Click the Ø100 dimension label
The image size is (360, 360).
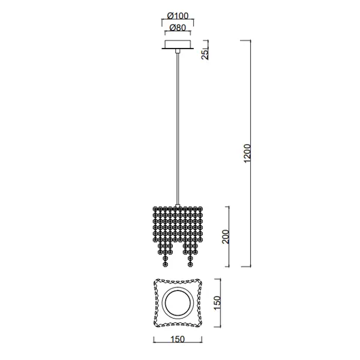178,16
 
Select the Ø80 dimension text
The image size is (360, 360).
178,28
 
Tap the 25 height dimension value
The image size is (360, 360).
205,54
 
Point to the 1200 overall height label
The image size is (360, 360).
247,154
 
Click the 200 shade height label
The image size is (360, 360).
226,236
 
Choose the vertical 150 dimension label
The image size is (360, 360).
217,303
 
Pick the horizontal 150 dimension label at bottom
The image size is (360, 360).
178,339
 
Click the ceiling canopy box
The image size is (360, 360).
178,44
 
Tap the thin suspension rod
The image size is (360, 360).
177,129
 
